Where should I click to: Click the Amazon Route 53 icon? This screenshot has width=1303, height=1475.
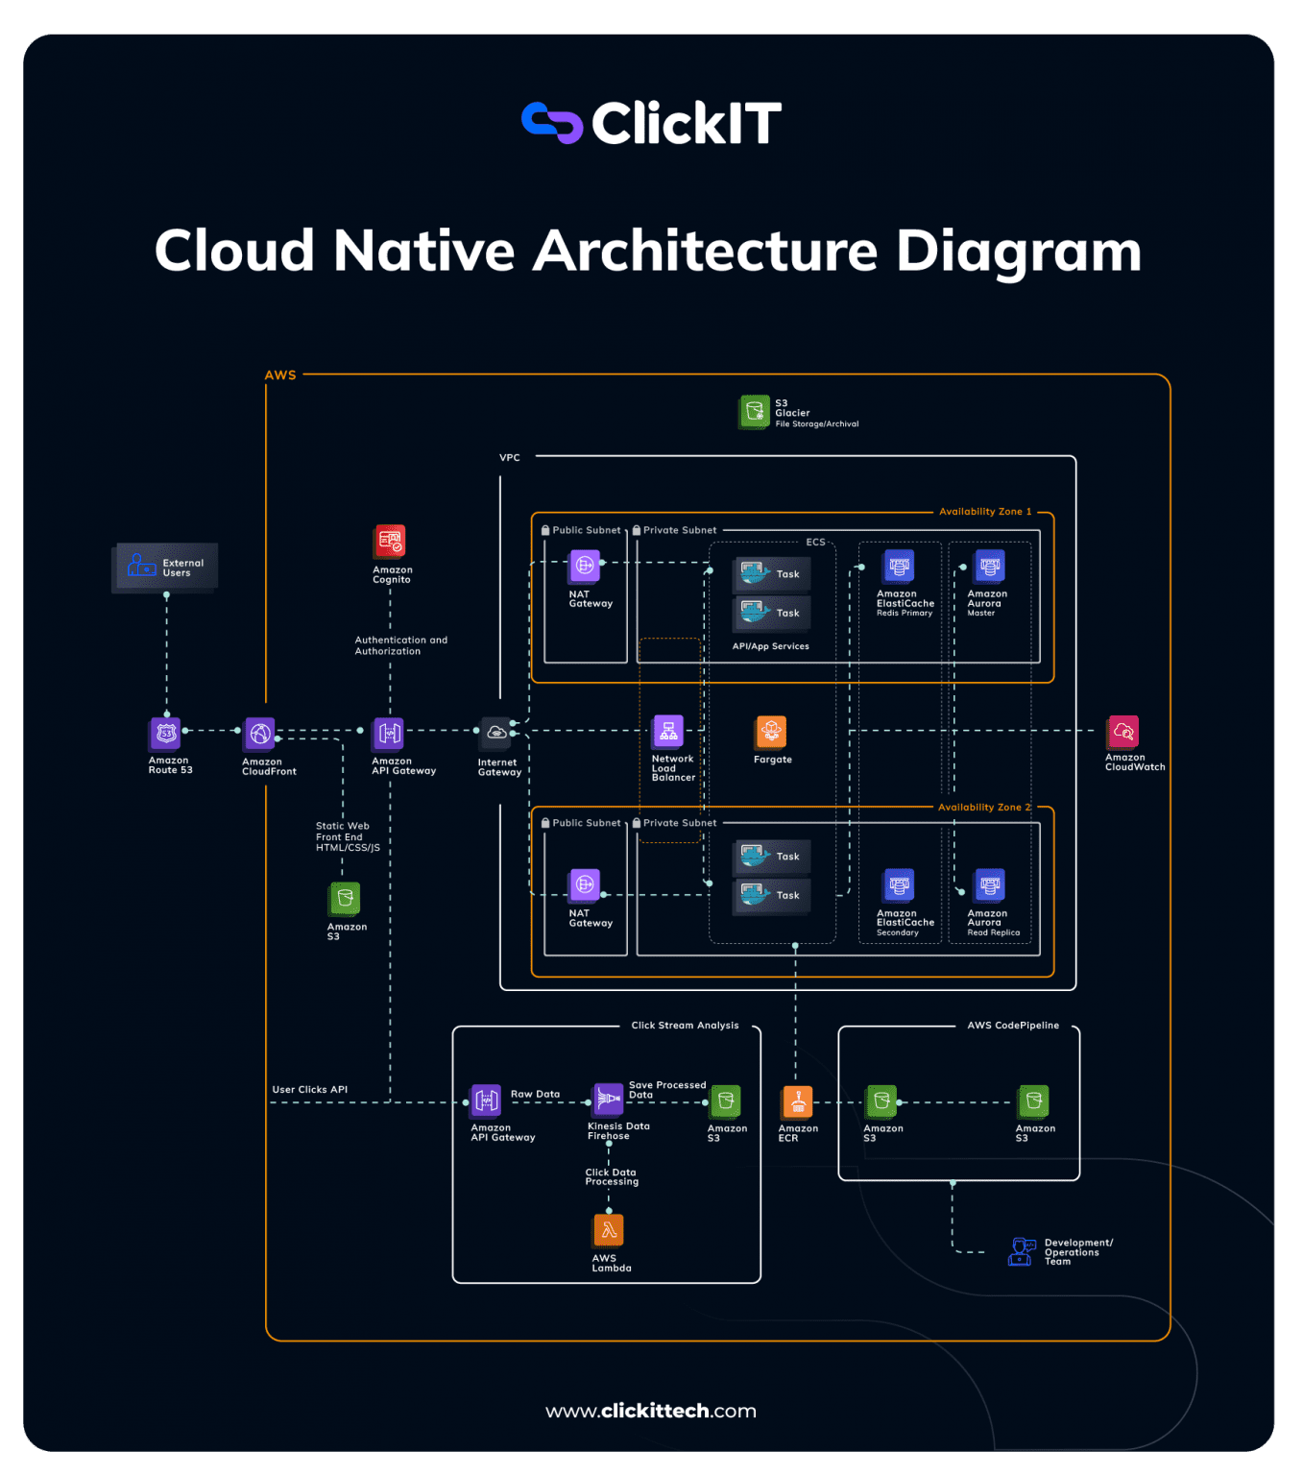166,734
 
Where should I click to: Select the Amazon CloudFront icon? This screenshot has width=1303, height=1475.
259,734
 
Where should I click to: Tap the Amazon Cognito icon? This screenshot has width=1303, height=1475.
390,542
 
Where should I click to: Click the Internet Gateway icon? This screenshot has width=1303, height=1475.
496,734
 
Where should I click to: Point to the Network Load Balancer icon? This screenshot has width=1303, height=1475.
668,732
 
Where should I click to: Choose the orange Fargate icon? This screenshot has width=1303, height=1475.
771,732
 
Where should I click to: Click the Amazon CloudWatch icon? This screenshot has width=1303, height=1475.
1122,732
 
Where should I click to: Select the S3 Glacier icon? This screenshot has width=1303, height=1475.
755,412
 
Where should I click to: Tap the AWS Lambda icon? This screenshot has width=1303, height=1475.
609,1230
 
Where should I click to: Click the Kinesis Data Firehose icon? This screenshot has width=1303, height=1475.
609,1100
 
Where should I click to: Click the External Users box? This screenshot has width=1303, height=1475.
165,568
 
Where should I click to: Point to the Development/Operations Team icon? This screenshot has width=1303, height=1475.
1022,1251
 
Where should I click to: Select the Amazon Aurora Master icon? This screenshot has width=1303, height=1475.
990,567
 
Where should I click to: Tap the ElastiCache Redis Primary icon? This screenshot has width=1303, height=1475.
899,567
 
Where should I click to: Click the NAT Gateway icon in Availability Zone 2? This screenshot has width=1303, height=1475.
585,884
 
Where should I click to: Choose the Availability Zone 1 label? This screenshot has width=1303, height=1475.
985,512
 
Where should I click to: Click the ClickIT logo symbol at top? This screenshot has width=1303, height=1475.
552,123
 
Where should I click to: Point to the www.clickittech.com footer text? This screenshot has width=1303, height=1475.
651,1411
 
